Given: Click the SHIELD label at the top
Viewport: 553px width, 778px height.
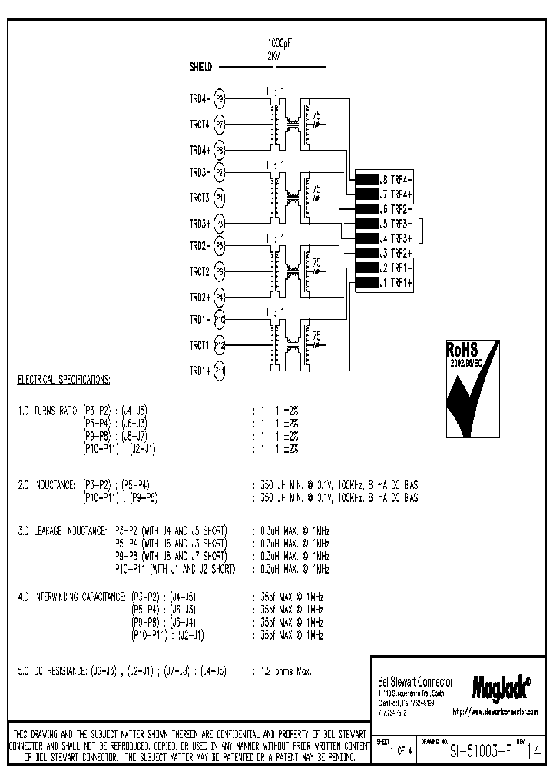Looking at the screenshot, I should [200, 67].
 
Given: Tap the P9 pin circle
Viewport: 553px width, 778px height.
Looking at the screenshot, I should [219, 99].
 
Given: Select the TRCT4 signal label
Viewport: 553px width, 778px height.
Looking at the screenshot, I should [199, 124].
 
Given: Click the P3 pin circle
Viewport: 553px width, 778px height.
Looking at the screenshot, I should [219, 224].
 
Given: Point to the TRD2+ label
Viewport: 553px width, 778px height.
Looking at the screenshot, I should [199, 297].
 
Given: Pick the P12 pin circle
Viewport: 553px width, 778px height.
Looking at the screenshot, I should [219, 345].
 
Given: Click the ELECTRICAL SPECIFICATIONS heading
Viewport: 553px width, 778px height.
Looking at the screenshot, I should [63, 381].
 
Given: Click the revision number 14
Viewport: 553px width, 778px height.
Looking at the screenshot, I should [534, 753].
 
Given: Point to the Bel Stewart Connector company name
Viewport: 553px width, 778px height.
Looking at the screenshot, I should [416, 682].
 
